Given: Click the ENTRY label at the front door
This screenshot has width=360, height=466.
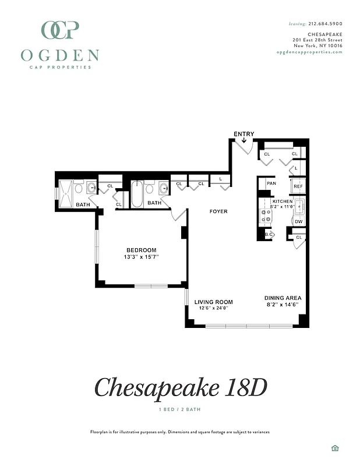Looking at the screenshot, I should point(243,134).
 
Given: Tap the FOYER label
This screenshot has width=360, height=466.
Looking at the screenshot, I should point(218,211).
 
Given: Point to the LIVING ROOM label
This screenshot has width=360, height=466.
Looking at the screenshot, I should point(213,302).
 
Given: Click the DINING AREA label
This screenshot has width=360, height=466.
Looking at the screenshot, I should point(283,298).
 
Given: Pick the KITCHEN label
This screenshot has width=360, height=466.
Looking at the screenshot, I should point(283,201).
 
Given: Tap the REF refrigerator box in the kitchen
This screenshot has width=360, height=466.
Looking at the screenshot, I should point(298,186).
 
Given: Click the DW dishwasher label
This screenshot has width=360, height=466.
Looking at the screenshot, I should point(298,221).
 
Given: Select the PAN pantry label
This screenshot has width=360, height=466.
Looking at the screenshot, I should point(271,183).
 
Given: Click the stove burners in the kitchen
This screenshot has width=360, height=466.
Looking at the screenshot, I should point(266,217).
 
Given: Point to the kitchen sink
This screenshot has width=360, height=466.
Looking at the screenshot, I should point(299,206).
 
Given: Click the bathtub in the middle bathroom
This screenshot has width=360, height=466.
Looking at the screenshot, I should point(137,195).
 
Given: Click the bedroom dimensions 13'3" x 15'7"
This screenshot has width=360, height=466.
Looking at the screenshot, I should point(141,257).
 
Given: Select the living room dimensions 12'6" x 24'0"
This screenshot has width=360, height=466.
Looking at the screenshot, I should point(213,308).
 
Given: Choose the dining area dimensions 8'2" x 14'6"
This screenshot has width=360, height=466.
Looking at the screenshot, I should point(283,304).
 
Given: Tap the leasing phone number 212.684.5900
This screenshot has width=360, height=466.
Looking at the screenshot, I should point(325,24).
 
